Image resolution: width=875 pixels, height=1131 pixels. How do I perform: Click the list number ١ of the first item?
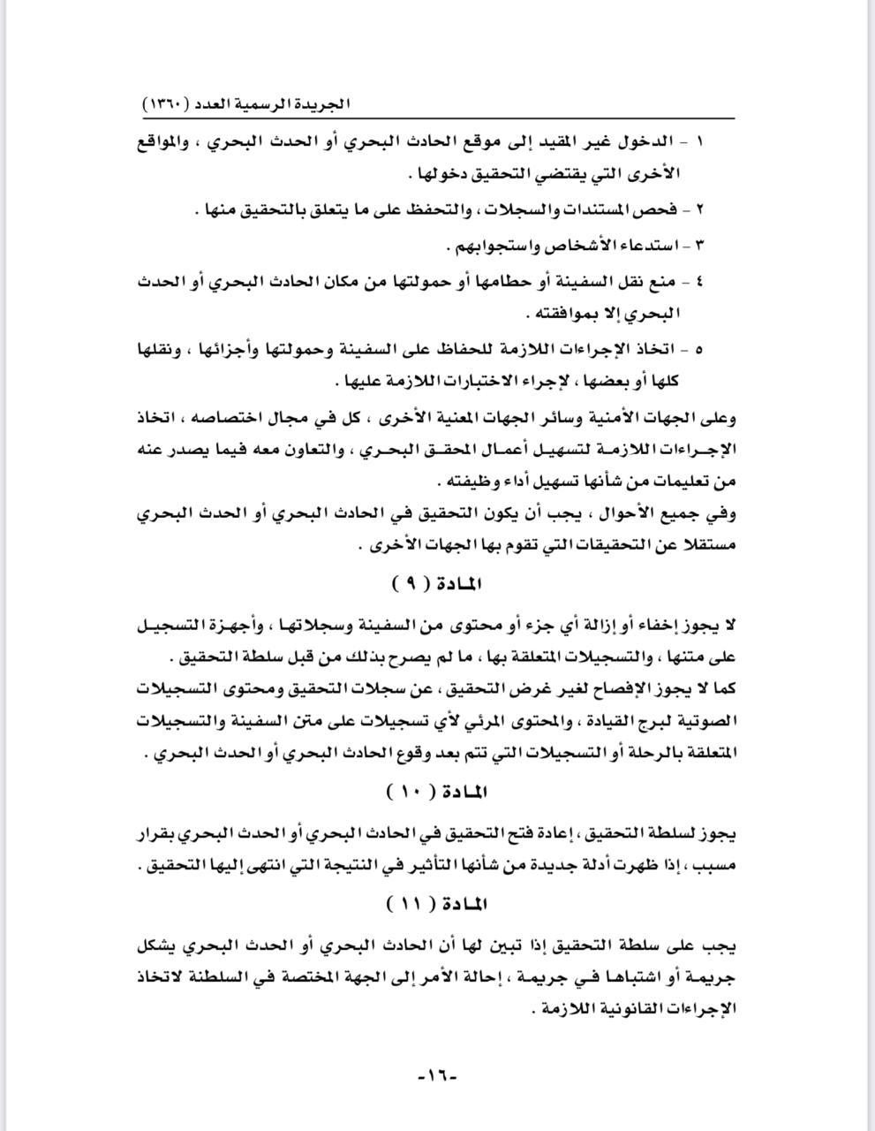(x=700, y=142)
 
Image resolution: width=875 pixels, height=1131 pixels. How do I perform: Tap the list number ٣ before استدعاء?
(x=700, y=243)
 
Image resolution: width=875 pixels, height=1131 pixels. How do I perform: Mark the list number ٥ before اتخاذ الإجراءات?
(x=700, y=349)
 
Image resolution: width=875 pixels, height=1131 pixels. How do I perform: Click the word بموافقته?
(x=565, y=314)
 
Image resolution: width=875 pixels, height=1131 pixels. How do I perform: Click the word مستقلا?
(x=708, y=546)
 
